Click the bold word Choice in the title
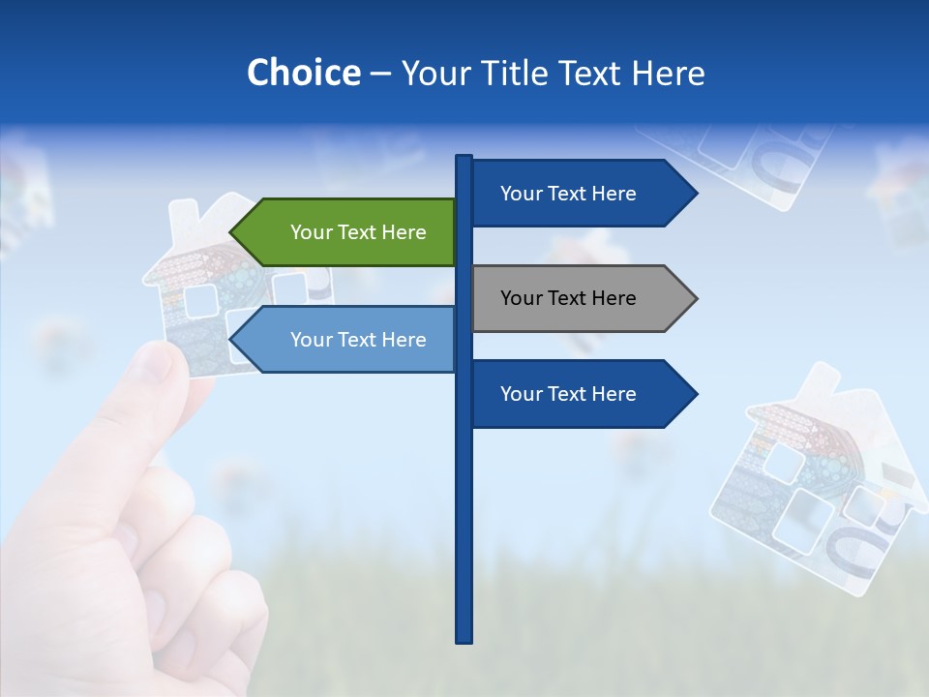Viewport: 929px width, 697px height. (x=303, y=74)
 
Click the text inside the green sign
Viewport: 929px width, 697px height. (x=358, y=232)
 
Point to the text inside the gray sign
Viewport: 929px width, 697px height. (x=568, y=298)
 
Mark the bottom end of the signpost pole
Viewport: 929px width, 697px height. (x=464, y=640)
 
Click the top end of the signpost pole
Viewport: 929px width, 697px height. (x=464, y=157)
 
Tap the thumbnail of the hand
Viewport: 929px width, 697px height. (x=153, y=364)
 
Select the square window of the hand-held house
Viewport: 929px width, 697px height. (x=201, y=301)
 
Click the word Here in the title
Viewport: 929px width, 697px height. (x=668, y=74)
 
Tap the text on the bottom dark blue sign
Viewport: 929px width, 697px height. (x=568, y=394)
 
